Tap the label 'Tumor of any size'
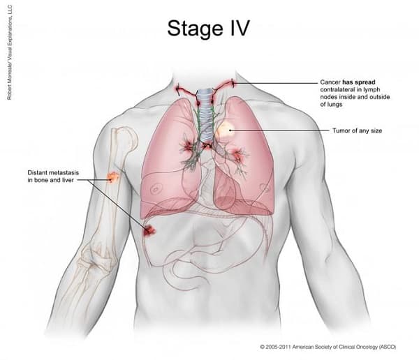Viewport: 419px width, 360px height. point(358,130)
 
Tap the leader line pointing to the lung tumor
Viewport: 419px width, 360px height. point(279,130)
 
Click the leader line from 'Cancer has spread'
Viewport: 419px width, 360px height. point(279,83)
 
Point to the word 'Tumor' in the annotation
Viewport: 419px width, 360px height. point(340,130)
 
